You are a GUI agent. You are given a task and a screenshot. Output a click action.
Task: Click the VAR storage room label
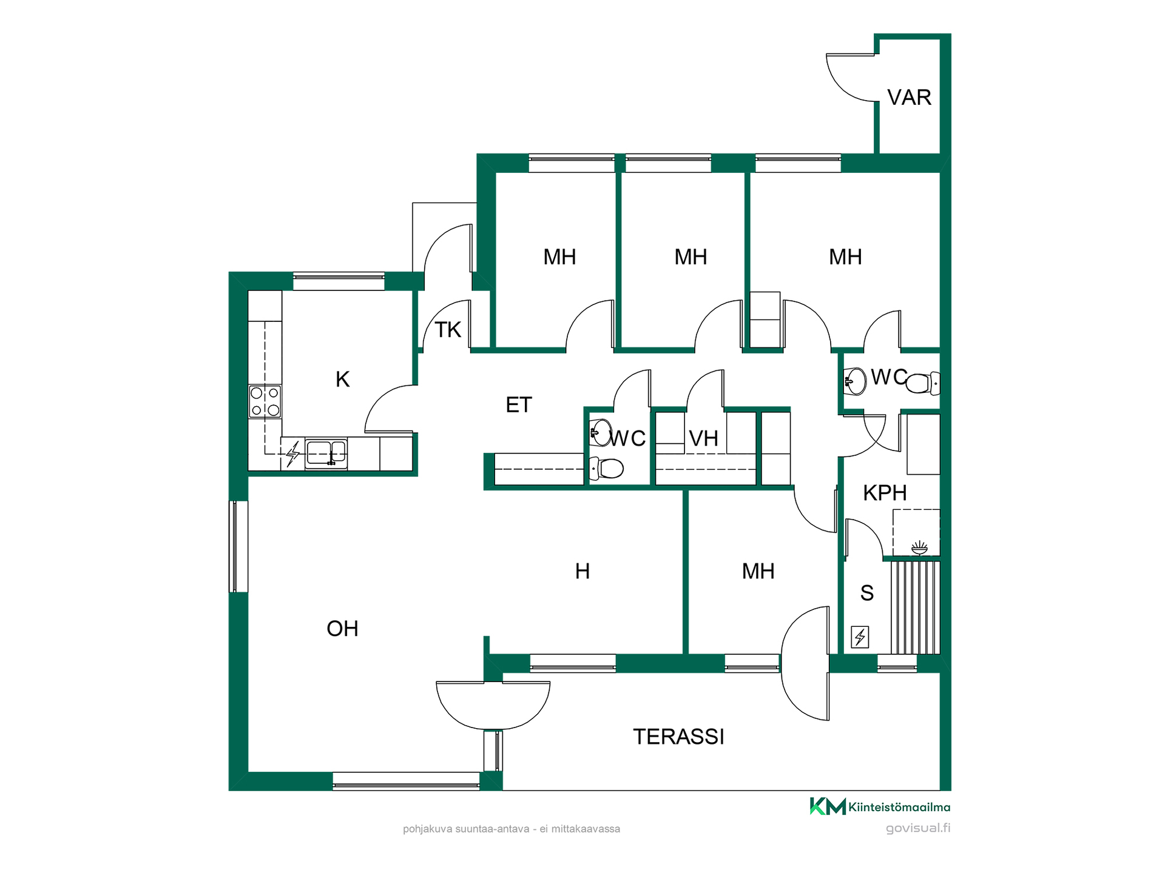pos(909,98)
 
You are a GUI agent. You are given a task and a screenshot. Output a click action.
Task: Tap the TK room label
pos(448,330)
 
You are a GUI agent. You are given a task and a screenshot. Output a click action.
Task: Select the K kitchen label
pos(342,380)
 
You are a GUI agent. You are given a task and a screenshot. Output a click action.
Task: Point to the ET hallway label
pos(519,405)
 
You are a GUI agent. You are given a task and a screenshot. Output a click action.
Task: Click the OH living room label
pos(342,629)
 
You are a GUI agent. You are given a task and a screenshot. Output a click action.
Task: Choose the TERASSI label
pos(678,737)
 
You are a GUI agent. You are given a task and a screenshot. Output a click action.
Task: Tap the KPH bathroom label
pos(885,493)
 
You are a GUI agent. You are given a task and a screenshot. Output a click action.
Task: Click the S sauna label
pos(867,593)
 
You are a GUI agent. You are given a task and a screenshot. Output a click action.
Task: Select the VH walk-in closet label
pos(704,438)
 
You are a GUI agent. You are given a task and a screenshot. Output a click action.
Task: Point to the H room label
pos(582,571)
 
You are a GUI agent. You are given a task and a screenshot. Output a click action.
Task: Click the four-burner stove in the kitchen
pos(265,401)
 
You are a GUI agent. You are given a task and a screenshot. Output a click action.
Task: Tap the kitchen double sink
pos(326,453)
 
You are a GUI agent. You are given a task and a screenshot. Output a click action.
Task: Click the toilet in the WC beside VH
pos(607,469)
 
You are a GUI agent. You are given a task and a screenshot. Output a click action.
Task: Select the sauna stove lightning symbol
pos(860,637)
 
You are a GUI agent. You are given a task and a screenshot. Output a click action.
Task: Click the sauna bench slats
pos(916,607)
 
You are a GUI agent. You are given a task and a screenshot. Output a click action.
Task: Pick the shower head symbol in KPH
pos(920,548)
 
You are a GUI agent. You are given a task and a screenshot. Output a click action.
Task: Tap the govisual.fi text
pos(918,828)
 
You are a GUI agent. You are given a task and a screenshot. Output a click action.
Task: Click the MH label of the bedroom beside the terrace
pos(758,571)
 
